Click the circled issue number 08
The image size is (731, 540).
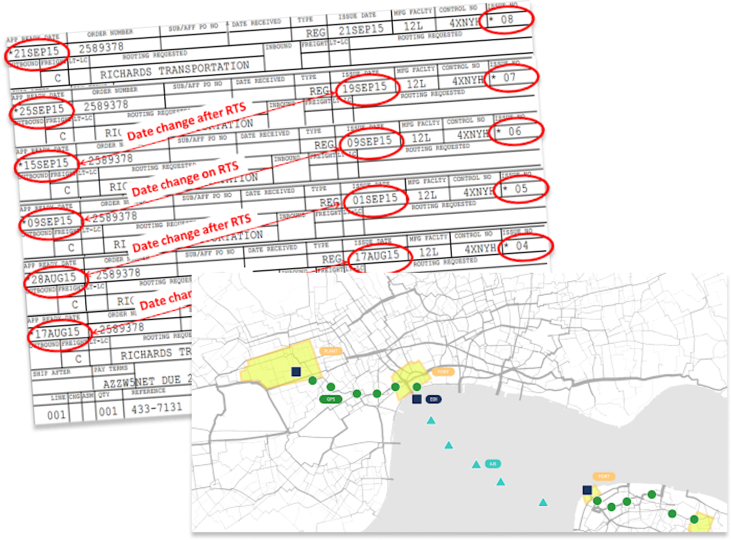point(507,21)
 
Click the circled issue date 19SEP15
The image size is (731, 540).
point(368,87)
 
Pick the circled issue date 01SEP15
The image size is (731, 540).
point(375,199)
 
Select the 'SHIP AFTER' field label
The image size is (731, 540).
point(52,373)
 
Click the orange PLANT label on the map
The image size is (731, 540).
point(332,351)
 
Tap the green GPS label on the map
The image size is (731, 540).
point(330,399)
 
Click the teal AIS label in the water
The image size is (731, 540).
point(493,464)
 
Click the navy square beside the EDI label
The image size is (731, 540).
point(417,399)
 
